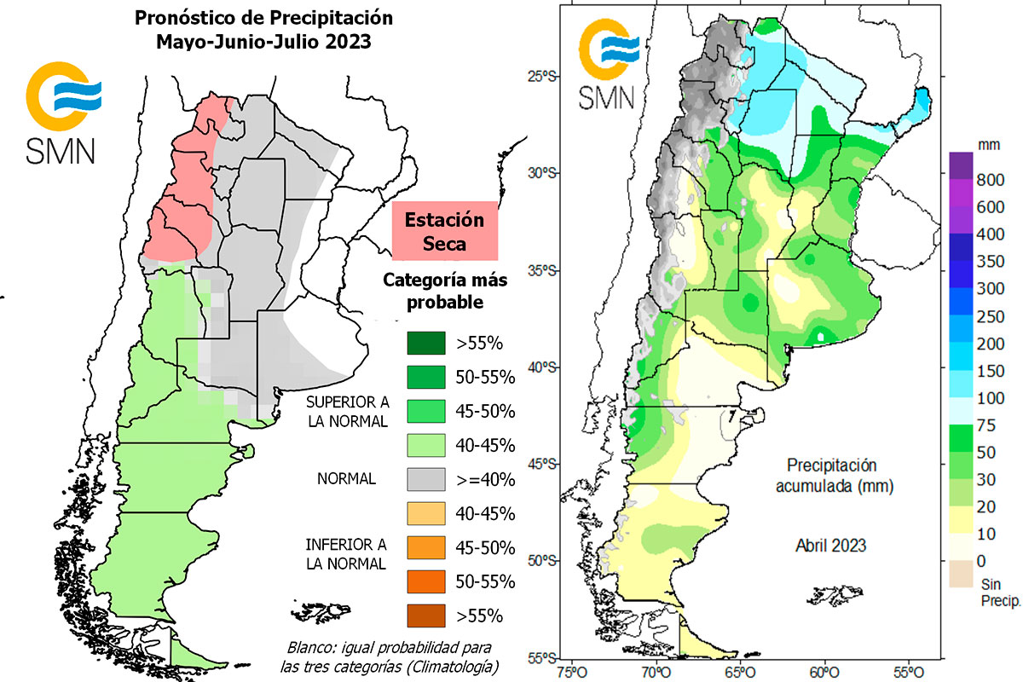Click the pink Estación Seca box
(444, 230)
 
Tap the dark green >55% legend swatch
(431, 344)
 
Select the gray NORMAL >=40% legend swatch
(431, 479)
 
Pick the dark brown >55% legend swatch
(431, 615)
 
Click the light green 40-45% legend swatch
(431, 445)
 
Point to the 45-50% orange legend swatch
(431, 546)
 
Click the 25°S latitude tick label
(540, 77)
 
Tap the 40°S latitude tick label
(540, 367)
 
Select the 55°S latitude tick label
(540, 658)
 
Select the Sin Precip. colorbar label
(994, 592)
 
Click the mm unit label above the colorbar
(988, 145)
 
